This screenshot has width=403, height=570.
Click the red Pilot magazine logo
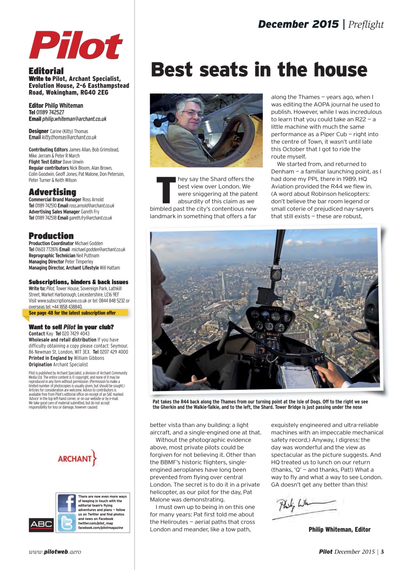click(x=76, y=45)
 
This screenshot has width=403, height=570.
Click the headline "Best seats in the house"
click(x=259, y=70)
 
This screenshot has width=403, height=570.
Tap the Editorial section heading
click(x=46, y=71)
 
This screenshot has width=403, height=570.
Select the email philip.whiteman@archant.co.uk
click(x=74, y=119)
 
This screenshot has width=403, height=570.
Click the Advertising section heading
click(x=53, y=192)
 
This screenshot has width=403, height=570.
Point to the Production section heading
click(x=51, y=236)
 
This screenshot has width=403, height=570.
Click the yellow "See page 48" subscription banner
click(x=75, y=313)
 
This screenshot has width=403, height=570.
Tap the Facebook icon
click(x=66, y=503)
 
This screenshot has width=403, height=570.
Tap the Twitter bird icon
click(x=66, y=523)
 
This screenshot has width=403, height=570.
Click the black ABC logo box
click(x=41, y=525)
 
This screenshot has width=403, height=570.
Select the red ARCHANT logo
click(x=77, y=458)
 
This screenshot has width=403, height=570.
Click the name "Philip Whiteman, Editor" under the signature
click(x=339, y=529)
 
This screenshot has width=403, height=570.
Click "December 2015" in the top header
click(x=298, y=24)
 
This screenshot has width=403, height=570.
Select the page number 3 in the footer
click(x=382, y=552)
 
